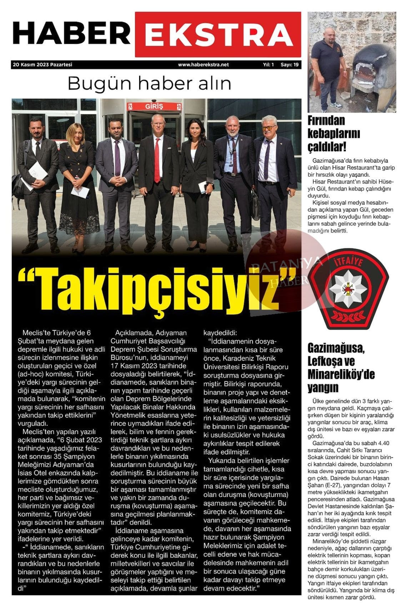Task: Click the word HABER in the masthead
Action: [71, 34]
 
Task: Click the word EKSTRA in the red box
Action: [218, 35]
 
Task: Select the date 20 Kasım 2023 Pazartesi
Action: [42, 65]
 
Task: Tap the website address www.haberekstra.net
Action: [203, 65]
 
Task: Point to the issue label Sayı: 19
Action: [289, 65]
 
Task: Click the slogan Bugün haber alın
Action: [149, 84]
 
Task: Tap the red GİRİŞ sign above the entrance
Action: [154, 106]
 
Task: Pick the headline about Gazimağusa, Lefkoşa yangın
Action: [341, 368]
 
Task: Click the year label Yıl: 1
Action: [268, 65]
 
